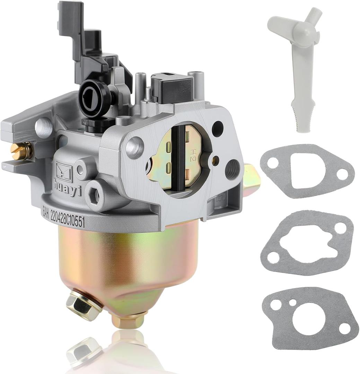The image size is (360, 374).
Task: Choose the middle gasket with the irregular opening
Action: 307,243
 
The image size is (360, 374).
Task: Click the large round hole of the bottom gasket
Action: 309,318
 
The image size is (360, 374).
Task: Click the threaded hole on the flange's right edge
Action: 232,169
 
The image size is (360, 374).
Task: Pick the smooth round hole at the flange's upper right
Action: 217,128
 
